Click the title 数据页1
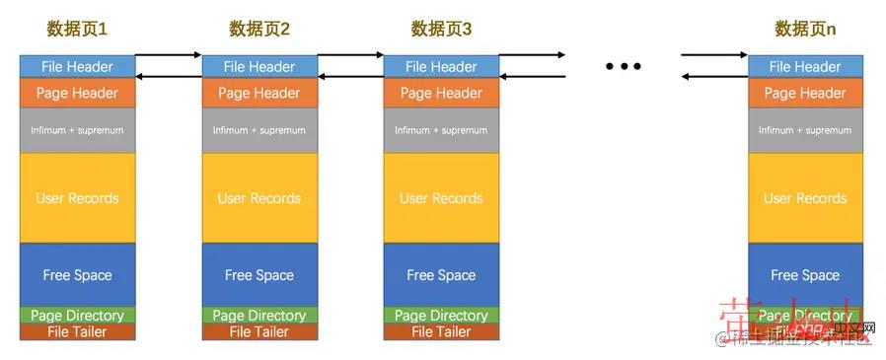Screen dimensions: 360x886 (x=77, y=30)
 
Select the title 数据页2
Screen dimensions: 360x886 (x=258, y=30)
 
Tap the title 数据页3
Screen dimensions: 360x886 (x=441, y=30)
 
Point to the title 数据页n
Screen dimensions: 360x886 (x=805, y=30)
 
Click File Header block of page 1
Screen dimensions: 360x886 (x=77, y=67)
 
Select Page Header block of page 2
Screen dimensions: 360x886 (x=258, y=94)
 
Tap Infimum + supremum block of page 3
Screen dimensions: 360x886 (x=441, y=130)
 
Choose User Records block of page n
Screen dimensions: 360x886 (x=805, y=198)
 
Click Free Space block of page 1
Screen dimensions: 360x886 (x=77, y=275)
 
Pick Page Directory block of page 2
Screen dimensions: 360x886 (x=258, y=316)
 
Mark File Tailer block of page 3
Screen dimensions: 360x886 (x=441, y=332)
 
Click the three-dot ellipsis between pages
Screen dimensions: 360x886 (x=624, y=67)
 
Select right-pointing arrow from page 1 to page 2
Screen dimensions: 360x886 (x=168, y=55)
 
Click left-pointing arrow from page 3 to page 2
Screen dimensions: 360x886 (x=349, y=76)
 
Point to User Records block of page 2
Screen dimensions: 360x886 (x=258, y=198)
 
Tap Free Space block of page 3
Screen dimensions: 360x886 (x=441, y=275)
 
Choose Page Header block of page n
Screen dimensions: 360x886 (x=805, y=94)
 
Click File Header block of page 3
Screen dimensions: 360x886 (x=441, y=67)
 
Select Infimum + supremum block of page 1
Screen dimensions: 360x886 (x=77, y=130)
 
